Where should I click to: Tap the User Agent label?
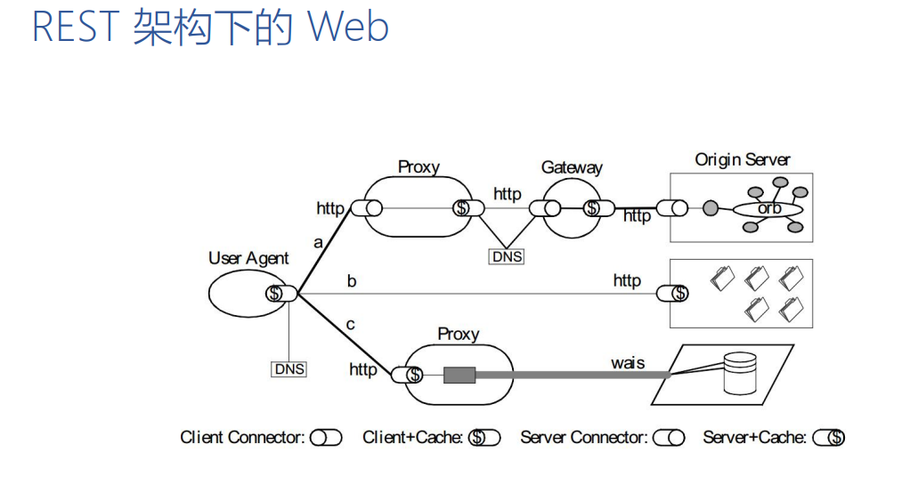[248, 258]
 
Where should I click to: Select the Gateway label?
[572, 167]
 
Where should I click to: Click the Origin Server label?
[743, 160]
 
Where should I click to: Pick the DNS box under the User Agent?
[289, 368]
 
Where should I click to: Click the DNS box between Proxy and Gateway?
[507, 256]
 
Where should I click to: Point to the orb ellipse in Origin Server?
[768, 208]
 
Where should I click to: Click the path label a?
[318, 241]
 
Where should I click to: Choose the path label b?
[352, 281]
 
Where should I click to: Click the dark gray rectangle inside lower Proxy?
[459, 375]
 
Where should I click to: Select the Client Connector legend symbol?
[326, 438]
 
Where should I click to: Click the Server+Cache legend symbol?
[829, 438]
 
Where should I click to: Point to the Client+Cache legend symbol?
[484, 438]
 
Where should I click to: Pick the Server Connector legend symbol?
[669, 438]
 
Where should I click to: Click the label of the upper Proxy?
[418, 166]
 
